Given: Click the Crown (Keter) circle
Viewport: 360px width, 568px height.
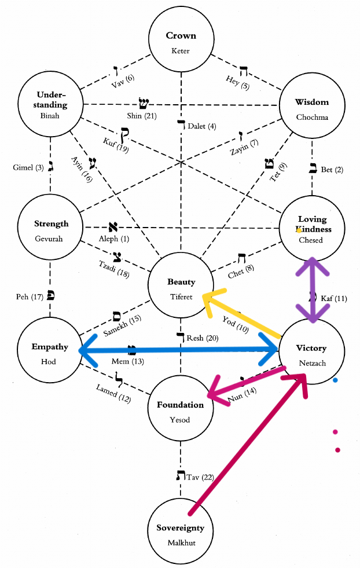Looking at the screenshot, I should (x=181, y=42).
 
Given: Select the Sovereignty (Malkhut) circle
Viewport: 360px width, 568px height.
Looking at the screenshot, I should (x=181, y=534).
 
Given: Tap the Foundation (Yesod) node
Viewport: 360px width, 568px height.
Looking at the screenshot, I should (x=181, y=409).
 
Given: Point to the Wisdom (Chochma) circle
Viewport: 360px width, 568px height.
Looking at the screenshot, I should (x=312, y=107).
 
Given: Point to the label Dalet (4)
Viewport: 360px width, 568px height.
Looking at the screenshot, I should (x=202, y=126).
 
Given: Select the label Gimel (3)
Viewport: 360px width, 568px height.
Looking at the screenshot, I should (x=28, y=167).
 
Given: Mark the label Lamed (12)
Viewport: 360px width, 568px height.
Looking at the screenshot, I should (x=114, y=393).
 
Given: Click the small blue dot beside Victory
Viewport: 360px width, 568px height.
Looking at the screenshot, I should (x=335, y=380).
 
